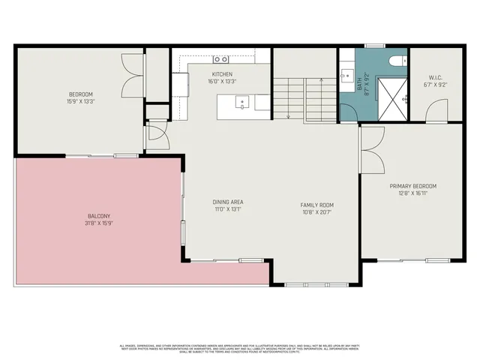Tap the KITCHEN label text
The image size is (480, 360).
[x=222, y=74]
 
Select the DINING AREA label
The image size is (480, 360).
[x=228, y=202]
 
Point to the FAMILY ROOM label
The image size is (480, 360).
[x=316, y=205]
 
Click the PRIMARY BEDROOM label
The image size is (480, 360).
[x=412, y=186]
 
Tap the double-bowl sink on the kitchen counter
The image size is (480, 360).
[x=221, y=58]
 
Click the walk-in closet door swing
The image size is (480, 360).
[x=435, y=114]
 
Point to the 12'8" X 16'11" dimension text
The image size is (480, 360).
[x=412, y=193]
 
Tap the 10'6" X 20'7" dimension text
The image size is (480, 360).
[x=316, y=212]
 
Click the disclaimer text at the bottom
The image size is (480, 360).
[x=240, y=348]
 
